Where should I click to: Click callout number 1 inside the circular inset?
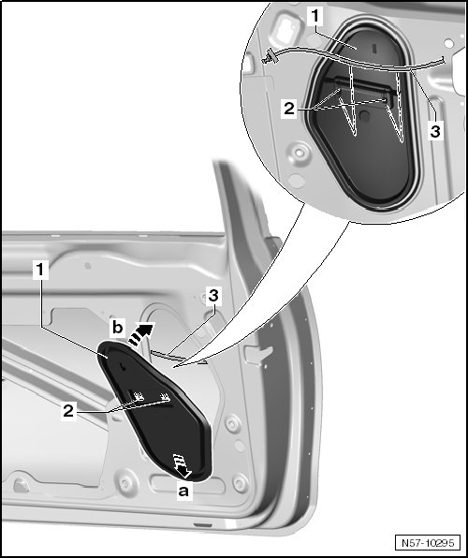point(314,16)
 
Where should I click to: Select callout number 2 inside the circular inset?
point(289,108)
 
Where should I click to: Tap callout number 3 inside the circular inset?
point(435,130)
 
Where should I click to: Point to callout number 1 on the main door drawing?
point(40,270)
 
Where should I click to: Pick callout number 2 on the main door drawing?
point(68,411)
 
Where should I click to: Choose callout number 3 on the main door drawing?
point(213,295)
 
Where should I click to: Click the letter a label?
point(183,492)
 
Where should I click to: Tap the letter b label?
point(117,327)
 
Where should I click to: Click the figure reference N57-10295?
point(428,543)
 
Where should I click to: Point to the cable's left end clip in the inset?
point(269,57)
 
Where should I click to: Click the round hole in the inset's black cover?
point(364,115)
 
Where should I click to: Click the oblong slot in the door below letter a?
point(187,484)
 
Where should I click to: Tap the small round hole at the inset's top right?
point(448,43)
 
